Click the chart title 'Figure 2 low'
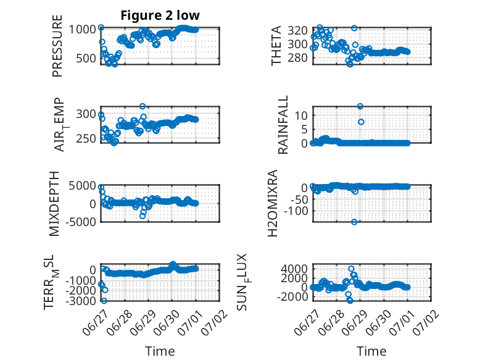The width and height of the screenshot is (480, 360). pyautogui.click(x=160, y=15)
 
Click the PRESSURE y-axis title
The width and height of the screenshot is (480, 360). pyautogui.click(x=57, y=46)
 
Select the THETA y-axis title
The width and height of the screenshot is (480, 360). pyautogui.click(x=276, y=46)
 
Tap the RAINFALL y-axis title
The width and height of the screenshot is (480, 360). pyautogui.click(x=283, y=124)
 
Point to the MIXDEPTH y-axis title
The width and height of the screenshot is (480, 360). pyautogui.click(x=54, y=204)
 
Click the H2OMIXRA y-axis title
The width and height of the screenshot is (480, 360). pyautogui.click(x=272, y=203)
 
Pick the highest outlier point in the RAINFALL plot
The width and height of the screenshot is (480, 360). pyautogui.click(x=360, y=106)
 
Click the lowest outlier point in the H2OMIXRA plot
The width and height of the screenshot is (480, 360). pyautogui.click(x=354, y=222)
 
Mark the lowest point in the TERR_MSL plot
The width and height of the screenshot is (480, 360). pyautogui.click(x=104, y=301)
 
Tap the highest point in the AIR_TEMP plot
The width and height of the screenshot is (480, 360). pyautogui.click(x=143, y=106)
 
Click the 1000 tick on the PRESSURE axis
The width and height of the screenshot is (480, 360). pyautogui.click(x=82, y=30)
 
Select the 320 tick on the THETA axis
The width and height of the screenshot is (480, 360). pyautogui.click(x=297, y=31)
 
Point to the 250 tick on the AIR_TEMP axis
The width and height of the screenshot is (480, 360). pyautogui.click(x=86, y=138)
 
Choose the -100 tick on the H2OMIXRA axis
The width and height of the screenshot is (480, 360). pyautogui.click(x=296, y=211)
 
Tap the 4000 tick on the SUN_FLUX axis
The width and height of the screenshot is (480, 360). pyautogui.click(x=294, y=269)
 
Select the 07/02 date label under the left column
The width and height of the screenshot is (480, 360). pyautogui.click(x=214, y=322)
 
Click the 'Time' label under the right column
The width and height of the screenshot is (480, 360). pyautogui.click(x=371, y=351)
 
